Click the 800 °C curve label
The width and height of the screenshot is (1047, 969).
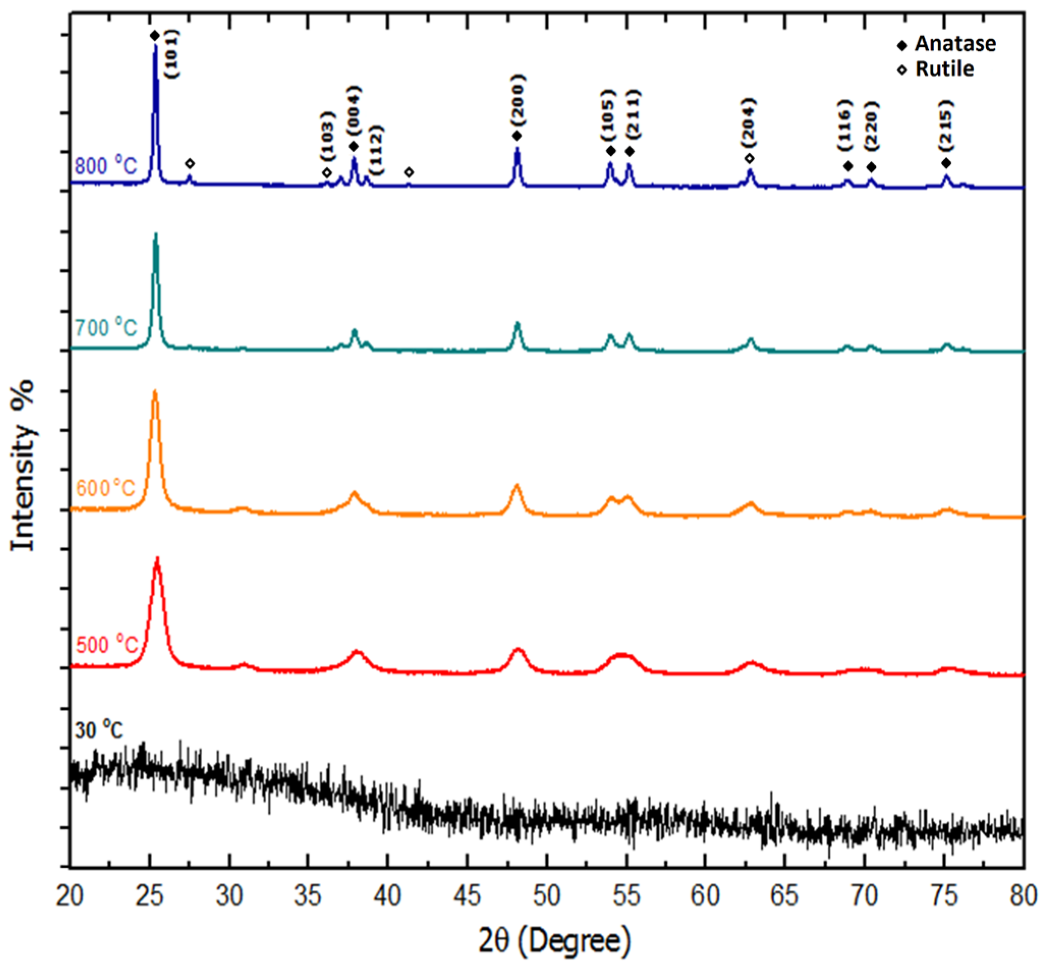(106, 166)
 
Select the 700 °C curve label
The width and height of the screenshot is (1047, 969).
(106, 328)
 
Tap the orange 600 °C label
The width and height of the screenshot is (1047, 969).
(106, 488)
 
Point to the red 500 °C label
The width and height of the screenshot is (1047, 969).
(107, 644)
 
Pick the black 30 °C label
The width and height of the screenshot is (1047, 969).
(99, 730)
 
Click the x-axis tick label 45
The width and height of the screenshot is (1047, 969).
(467, 896)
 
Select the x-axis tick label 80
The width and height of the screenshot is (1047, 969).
(1023, 896)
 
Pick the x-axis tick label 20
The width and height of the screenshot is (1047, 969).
(70, 896)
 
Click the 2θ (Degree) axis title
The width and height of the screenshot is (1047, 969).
(554, 942)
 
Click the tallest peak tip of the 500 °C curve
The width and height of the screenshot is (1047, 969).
(157, 559)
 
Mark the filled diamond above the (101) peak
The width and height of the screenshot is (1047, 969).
(155, 36)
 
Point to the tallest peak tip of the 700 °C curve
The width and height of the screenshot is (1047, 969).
(155, 234)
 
